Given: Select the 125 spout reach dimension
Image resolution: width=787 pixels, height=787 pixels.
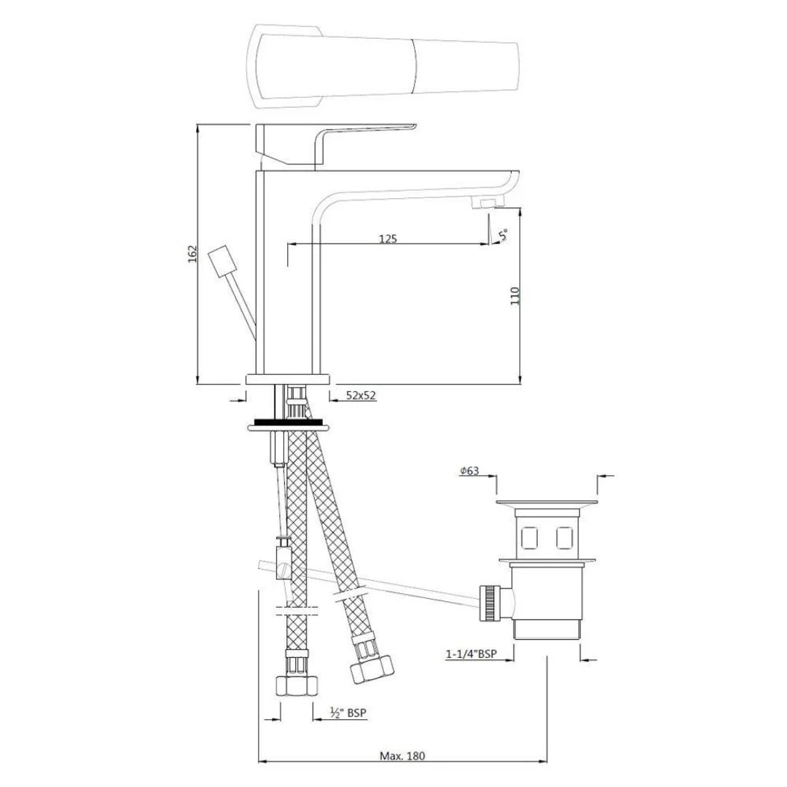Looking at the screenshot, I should coord(388,238).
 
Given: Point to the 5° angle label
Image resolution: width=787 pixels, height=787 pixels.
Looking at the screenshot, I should coord(503,235).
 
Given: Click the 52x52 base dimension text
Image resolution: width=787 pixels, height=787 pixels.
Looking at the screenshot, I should coord(361,396).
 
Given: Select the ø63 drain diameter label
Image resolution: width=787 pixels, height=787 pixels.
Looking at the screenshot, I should coord(469,471).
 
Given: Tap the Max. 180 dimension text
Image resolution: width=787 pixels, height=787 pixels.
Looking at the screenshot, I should coord(402,756).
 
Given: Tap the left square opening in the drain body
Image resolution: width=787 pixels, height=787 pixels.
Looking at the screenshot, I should coord(530,538).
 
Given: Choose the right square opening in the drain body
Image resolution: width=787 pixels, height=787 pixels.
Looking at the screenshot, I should coord(564,538).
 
